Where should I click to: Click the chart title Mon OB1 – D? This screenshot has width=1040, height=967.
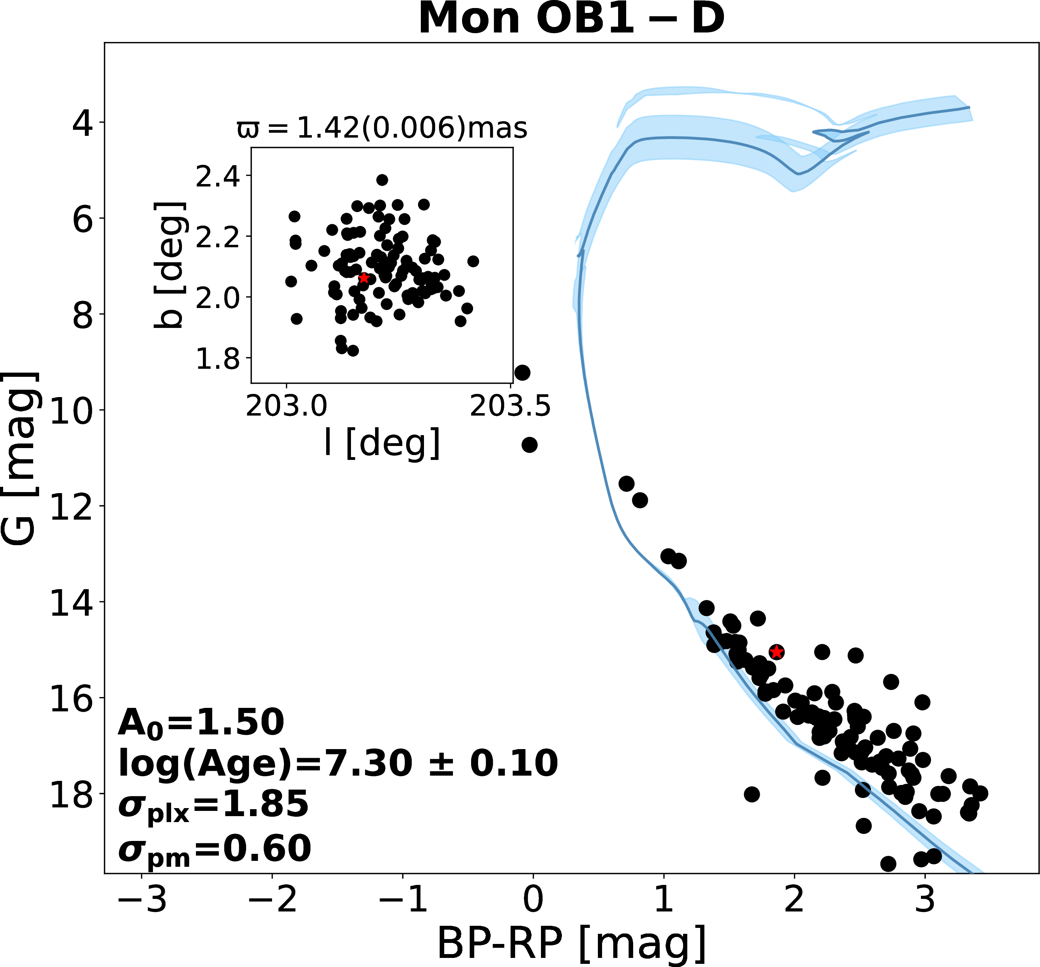coord(571,19)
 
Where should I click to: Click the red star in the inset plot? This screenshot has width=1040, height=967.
coord(364,278)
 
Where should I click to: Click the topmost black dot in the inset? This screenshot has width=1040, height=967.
coord(382,180)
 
